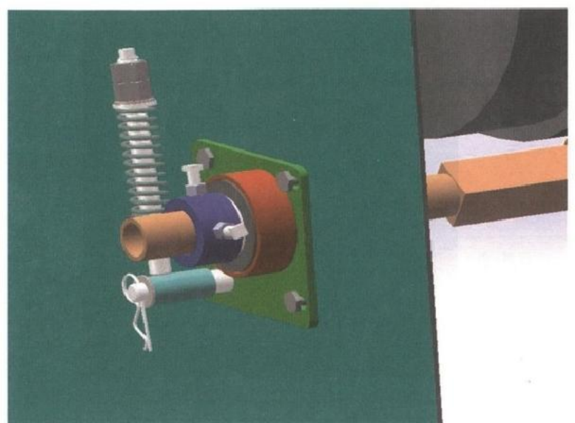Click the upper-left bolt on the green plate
click(205, 155)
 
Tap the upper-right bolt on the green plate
click(287, 181)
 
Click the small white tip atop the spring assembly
click(128, 53)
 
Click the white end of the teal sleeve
click(223, 282)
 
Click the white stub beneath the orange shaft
click(160, 265)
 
